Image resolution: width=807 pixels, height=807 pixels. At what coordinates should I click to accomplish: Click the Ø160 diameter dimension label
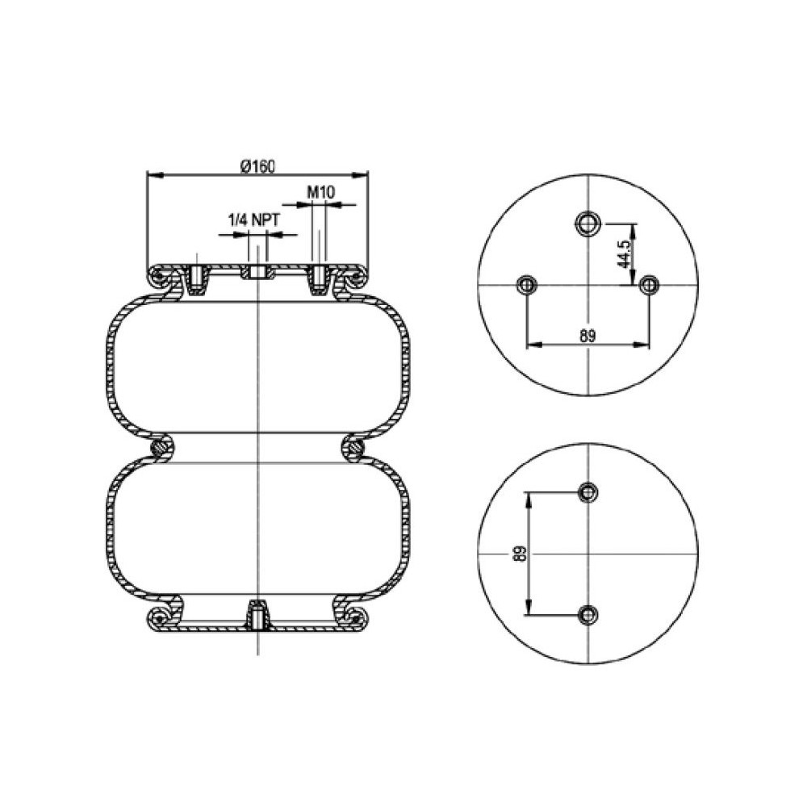[x=258, y=166]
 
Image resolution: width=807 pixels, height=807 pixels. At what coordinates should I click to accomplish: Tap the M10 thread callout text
[x=321, y=193]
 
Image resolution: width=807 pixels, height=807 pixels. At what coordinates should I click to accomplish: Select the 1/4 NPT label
[x=253, y=220]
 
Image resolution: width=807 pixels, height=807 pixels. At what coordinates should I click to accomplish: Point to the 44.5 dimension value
[x=625, y=254]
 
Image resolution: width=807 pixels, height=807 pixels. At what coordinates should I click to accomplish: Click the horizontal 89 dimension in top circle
[x=587, y=336]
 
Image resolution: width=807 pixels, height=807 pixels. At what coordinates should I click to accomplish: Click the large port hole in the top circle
[x=587, y=224]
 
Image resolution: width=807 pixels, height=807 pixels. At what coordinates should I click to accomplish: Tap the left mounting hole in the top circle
[x=526, y=284]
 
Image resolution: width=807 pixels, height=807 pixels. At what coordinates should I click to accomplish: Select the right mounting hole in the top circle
[x=649, y=284]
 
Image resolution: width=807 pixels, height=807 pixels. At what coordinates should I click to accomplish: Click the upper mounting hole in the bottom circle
[x=587, y=492]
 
